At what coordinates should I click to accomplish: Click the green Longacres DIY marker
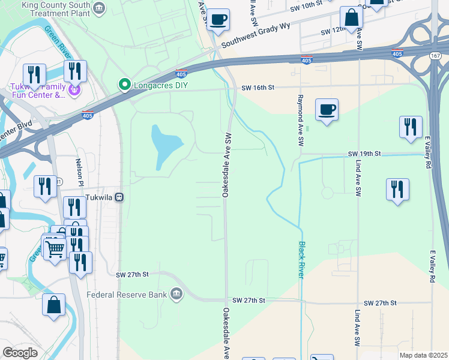(125, 85)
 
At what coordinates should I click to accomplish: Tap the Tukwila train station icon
(119, 197)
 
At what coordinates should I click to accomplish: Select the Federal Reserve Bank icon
(176, 294)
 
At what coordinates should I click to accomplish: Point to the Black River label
(301, 259)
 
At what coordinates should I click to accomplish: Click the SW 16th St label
(258, 88)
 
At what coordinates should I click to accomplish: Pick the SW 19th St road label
(364, 154)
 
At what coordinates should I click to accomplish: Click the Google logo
(20, 352)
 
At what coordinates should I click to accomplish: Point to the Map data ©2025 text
(424, 355)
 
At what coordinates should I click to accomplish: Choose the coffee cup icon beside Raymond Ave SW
(327, 110)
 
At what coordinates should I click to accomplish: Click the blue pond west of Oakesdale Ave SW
(164, 146)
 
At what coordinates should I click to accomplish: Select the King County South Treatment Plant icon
(100, 7)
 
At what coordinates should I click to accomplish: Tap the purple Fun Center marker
(74, 91)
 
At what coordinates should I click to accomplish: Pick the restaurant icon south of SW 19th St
(397, 190)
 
